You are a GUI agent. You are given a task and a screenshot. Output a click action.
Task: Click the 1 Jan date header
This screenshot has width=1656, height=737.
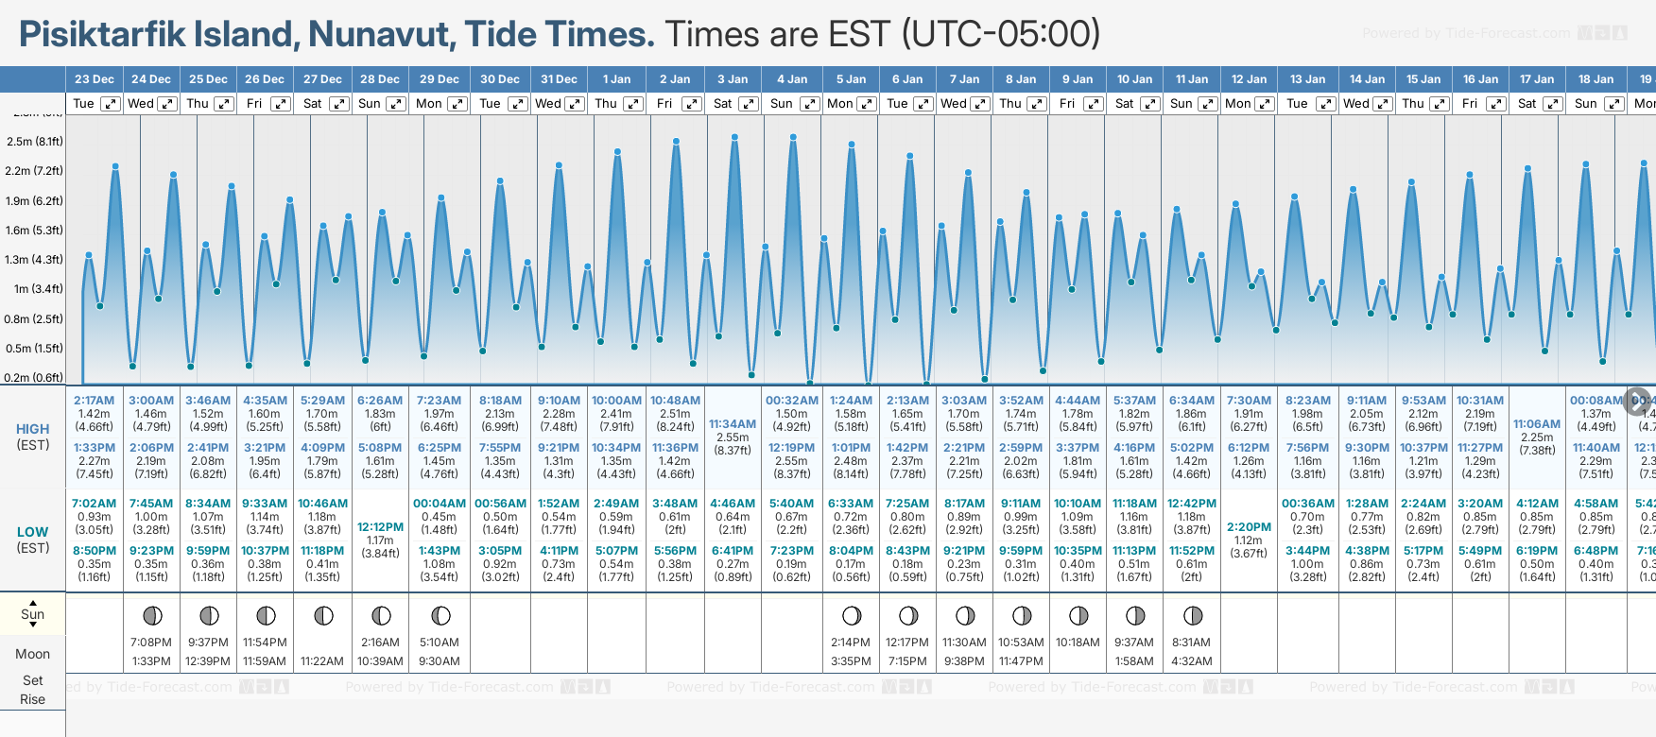click(x=616, y=79)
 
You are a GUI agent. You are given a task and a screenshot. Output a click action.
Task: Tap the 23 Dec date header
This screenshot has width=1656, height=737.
click(x=94, y=79)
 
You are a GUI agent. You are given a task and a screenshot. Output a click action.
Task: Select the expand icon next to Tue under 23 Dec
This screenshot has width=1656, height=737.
click(x=111, y=104)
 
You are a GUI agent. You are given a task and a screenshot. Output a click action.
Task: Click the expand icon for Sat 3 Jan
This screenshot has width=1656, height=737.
click(x=749, y=104)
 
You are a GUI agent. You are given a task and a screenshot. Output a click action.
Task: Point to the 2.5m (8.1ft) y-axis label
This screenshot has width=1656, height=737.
click(x=35, y=142)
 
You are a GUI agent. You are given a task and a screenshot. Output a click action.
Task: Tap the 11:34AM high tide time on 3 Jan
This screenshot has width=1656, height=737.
click(x=733, y=424)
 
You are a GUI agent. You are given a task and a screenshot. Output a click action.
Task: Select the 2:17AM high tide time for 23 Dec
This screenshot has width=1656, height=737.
click(x=94, y=401)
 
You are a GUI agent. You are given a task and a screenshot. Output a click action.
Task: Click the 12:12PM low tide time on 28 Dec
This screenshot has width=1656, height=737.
click(x=380, y=527)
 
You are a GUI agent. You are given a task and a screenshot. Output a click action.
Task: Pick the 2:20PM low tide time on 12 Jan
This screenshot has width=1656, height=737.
click(x=1249, y=527)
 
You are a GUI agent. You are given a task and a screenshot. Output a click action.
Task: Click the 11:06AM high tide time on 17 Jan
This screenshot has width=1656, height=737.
click(x=1537, y=424)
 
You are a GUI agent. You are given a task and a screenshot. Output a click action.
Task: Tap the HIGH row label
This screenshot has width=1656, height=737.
click(x=33, y=429)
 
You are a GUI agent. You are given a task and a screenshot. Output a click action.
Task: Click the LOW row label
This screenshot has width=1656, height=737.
click(x=33, y=532)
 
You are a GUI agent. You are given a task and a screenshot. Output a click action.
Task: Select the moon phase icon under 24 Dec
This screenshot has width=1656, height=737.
click(x=151, y=616)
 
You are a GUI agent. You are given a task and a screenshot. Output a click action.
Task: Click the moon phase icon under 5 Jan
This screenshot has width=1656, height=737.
click(x=852, y=616)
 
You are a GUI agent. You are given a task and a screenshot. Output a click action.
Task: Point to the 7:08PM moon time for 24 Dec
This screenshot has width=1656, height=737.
click(x=151, y=643)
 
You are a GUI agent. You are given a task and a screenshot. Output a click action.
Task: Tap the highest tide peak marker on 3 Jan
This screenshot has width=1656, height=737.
click(x=734, y=137)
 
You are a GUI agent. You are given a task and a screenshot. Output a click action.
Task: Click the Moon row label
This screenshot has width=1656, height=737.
click(x=33, y=654)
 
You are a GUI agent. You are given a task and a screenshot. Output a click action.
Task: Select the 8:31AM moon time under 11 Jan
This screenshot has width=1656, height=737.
click(x=1191, y=643)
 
